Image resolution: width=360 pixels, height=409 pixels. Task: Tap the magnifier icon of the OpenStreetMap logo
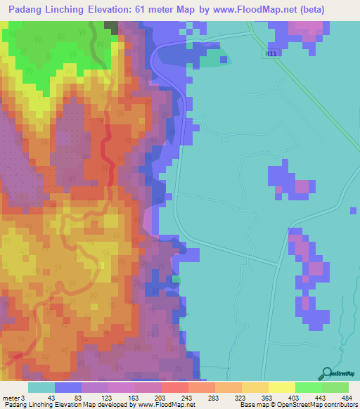pos(326,375)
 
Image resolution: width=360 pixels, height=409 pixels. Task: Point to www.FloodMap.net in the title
pos(257,10)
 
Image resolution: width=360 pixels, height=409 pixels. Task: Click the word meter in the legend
pos(11,398)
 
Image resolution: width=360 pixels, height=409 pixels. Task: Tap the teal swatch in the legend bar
pos(41,387)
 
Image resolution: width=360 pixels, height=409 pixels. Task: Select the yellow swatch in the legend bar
pos(281,387)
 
